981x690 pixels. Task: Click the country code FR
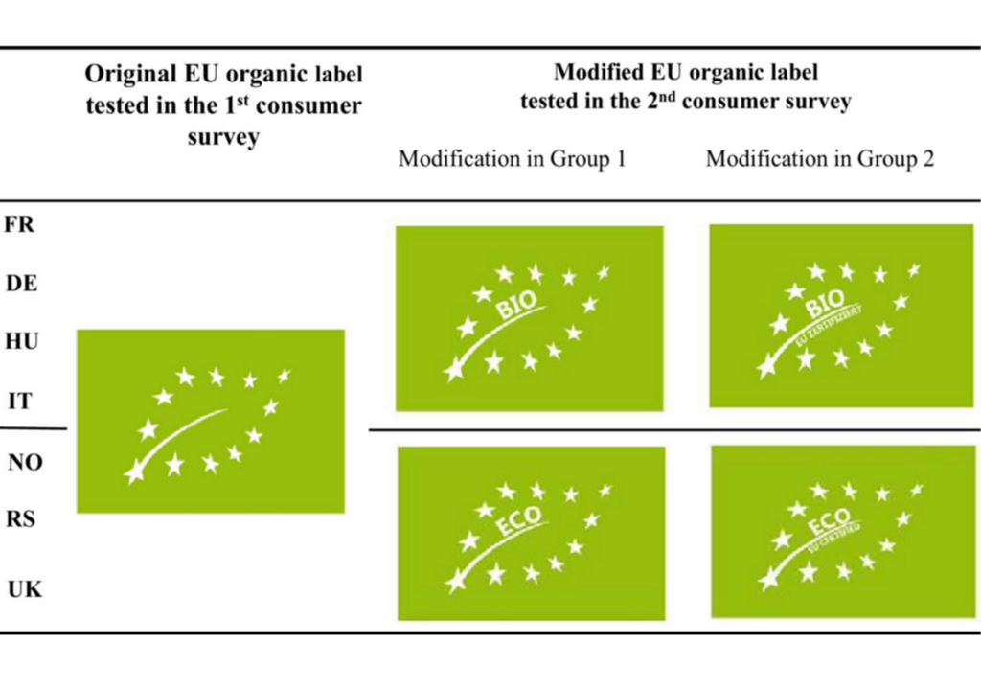point(20,224)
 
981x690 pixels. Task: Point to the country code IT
point(19,402)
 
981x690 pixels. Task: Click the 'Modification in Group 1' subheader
point(512,159)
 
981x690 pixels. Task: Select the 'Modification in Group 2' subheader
point(819,159)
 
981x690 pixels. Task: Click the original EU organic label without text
point(210,421)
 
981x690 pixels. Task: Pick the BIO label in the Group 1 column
point(529,318)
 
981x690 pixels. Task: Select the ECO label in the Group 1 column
point(531,533)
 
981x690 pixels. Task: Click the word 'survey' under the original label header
point(222,136)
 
